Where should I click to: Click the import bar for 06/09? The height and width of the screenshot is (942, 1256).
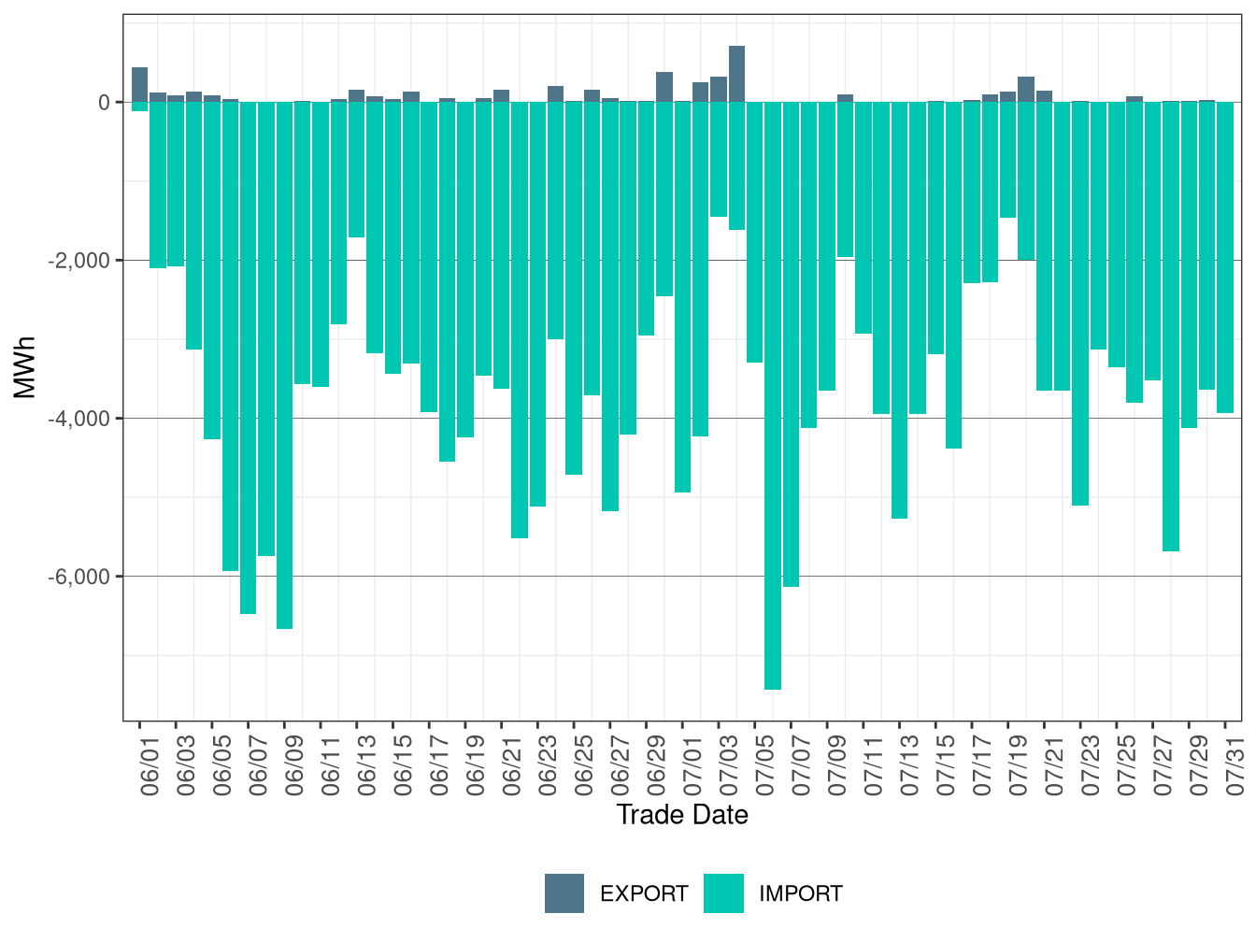[284, 364]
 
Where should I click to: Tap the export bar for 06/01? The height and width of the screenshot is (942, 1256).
[139, 85]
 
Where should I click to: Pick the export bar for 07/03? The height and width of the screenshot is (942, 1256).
[719, 90]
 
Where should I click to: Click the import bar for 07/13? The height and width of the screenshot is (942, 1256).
[899, 309]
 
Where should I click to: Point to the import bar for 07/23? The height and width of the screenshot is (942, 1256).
[1080, 303]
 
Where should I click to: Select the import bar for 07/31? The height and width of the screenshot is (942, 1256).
[1225, 257]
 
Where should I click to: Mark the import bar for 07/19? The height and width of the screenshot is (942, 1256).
[1007, 160]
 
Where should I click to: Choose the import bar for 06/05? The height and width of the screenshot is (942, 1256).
[212, 270]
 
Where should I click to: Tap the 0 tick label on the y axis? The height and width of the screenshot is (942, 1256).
[104, 103]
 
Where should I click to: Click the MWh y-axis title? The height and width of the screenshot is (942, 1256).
[25, 367]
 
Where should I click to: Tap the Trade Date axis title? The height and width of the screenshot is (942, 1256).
[682, 815]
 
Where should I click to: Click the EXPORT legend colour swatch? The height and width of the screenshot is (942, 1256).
[564, 893]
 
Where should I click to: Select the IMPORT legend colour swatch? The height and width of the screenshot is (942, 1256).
[723, 893]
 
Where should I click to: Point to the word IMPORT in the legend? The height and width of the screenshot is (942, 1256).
[800, 894]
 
